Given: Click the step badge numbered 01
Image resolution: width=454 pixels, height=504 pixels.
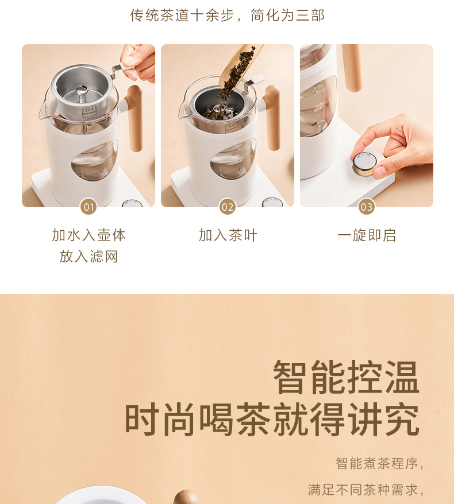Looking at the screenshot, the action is [x=89, y=207].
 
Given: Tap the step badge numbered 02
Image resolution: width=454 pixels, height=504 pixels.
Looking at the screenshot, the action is [x=228, y=207].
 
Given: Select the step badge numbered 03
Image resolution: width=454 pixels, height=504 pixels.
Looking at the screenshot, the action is [x=367, y=207].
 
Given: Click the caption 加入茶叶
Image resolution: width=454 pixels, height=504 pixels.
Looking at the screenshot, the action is [x=228, y=235].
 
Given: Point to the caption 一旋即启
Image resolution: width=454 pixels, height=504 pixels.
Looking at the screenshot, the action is [x=367, y=235].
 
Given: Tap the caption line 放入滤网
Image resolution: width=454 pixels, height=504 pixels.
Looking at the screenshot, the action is [x=89, y=257].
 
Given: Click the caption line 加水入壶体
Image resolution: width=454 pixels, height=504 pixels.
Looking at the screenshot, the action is [x=89, y=235].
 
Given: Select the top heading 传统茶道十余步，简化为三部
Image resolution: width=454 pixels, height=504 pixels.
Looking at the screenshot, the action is [x=227, y=15].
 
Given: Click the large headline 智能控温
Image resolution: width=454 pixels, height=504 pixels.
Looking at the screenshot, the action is [x=346, y=377].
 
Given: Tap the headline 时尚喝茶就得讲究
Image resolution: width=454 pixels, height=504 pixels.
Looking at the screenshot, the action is [x=272, y=420].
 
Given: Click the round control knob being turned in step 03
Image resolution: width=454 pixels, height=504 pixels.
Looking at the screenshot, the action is [x=364, y=164].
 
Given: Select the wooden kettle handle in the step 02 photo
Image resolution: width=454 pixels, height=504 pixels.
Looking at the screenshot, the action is [x=272, y=117].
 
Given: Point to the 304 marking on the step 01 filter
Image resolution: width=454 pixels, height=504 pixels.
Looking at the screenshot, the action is [x=89, y=111].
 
